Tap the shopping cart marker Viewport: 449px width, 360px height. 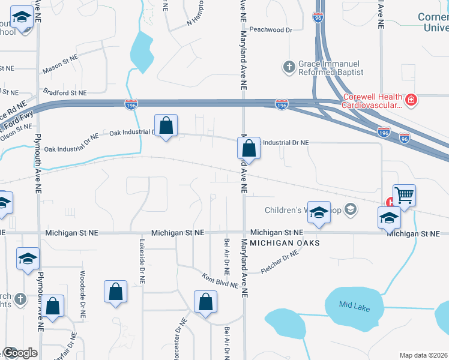point(404,195)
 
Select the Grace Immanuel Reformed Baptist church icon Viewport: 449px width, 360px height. point(289,67)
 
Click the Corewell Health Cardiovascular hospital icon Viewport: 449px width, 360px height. point(411,100)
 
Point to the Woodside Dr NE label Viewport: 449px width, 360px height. point(82,293)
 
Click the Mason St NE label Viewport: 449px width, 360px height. point(61,65)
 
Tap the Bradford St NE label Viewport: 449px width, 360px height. point(65,93)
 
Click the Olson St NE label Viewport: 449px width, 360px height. point(16,128)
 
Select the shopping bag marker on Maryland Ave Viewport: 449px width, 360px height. point(248,148)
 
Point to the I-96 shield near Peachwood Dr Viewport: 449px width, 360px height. point(318,18)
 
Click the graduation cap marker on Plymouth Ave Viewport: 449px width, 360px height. point(28,259)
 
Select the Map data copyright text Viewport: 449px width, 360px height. point(424,355)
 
